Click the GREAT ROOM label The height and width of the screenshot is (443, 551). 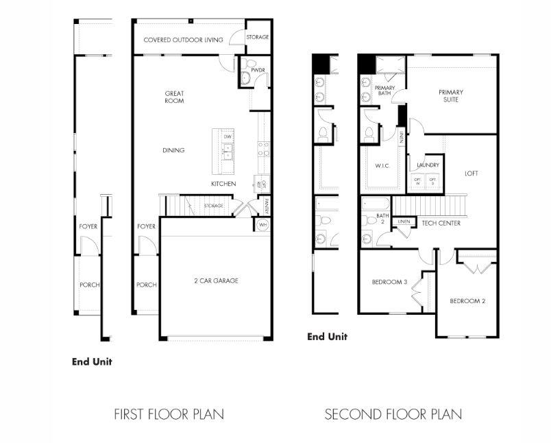174,97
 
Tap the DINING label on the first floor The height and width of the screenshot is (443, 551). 173,150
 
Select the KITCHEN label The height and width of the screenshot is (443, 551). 223,184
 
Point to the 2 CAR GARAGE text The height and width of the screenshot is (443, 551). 216,280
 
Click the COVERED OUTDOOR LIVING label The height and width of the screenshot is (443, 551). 183,40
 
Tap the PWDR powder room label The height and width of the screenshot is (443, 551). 258,70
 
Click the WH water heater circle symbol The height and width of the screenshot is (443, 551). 262,225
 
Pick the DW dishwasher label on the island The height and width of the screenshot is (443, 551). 228,137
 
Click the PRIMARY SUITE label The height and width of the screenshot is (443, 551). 451,96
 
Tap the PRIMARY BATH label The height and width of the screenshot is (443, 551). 384,91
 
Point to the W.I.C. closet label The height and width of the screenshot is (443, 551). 382,165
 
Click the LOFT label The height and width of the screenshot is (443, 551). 472,173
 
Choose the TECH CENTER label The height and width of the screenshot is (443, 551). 441,223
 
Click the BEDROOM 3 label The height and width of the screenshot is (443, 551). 390,282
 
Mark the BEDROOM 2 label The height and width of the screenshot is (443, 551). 467,301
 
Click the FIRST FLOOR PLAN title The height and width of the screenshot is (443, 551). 169,414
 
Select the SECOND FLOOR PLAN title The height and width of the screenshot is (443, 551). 393,414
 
